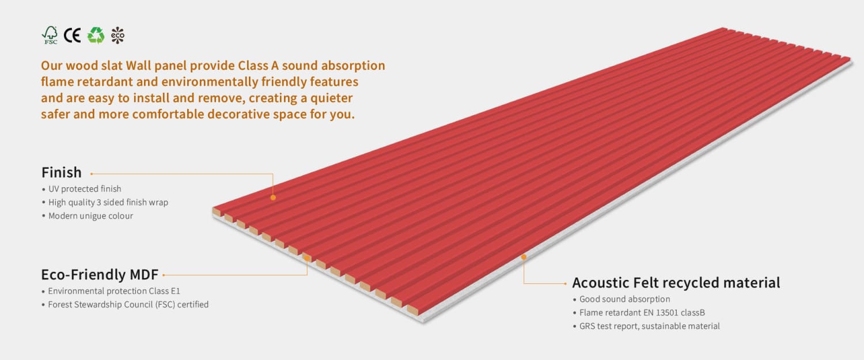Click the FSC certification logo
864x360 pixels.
tap(50, 35)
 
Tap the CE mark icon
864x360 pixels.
tap(72, 35)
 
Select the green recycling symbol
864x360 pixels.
tap(96, 35)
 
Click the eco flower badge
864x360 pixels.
tap(118, 35)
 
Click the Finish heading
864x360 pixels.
tap(62, 172)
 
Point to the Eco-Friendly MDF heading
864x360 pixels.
tap(100, 274)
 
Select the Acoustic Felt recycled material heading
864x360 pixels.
tap(676, 283)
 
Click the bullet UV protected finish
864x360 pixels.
tap(85, 189)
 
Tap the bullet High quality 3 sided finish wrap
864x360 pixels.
tap(108, 202)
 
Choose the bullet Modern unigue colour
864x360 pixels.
tap(90, 216)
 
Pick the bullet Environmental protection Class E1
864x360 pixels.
tap(114, 291)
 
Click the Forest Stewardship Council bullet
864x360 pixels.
tap(128, 304)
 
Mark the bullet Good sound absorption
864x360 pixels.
tap(624, 300)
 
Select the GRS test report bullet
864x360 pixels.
tap(649, 326)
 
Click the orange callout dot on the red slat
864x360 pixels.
tap(273, 198)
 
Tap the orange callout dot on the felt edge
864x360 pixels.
tap(524, 257)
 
